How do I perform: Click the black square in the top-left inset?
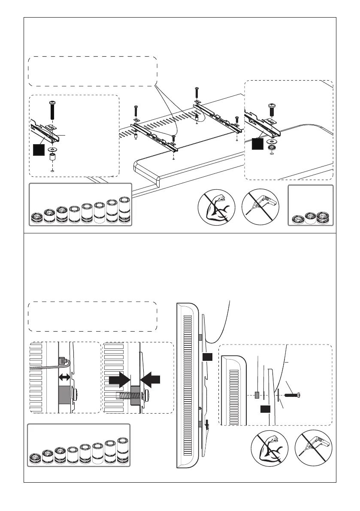point(39,150)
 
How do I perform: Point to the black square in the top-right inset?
point(257,144)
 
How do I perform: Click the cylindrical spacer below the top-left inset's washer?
point(52,157)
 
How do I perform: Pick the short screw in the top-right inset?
point(272,109)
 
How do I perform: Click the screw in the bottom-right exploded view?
point(291,395)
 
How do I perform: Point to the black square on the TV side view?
point(208,357)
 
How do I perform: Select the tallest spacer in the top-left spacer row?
point(124,211)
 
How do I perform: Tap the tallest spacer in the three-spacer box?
point(322,217)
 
